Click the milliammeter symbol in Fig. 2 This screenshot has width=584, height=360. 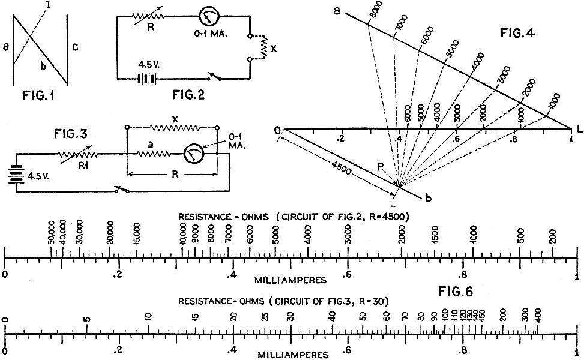(x=208, y=16)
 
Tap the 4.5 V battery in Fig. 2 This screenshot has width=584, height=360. (x=147, y=79)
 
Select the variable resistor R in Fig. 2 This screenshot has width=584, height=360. (x=148, y=17)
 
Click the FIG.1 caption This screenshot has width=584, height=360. (x=38, y=95)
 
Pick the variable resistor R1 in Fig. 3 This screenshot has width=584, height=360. (x=78, y=154)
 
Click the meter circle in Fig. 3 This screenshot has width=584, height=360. (x=194, y=154)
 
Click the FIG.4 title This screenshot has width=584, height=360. (x=517, y=33)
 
